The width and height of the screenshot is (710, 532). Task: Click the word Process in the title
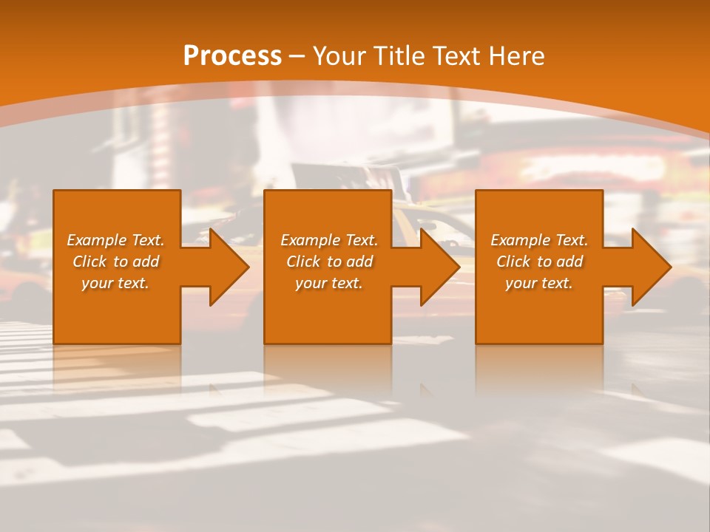[232, 56]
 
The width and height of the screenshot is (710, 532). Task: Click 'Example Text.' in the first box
[115, 240]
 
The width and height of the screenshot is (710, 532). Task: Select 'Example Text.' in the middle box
[329, 240]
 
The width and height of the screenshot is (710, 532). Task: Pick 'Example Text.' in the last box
[539, 240]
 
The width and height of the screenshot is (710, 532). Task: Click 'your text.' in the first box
[115, 283]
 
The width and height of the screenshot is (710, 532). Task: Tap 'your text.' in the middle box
[329, 283]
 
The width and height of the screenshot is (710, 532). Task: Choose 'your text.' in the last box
[539, 283]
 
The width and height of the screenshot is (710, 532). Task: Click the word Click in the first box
[89, 262]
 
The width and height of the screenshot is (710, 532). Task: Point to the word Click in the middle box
[303, 262]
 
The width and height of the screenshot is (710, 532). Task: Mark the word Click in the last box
[513, 262]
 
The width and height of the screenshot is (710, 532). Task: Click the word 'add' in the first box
[146, 262]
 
